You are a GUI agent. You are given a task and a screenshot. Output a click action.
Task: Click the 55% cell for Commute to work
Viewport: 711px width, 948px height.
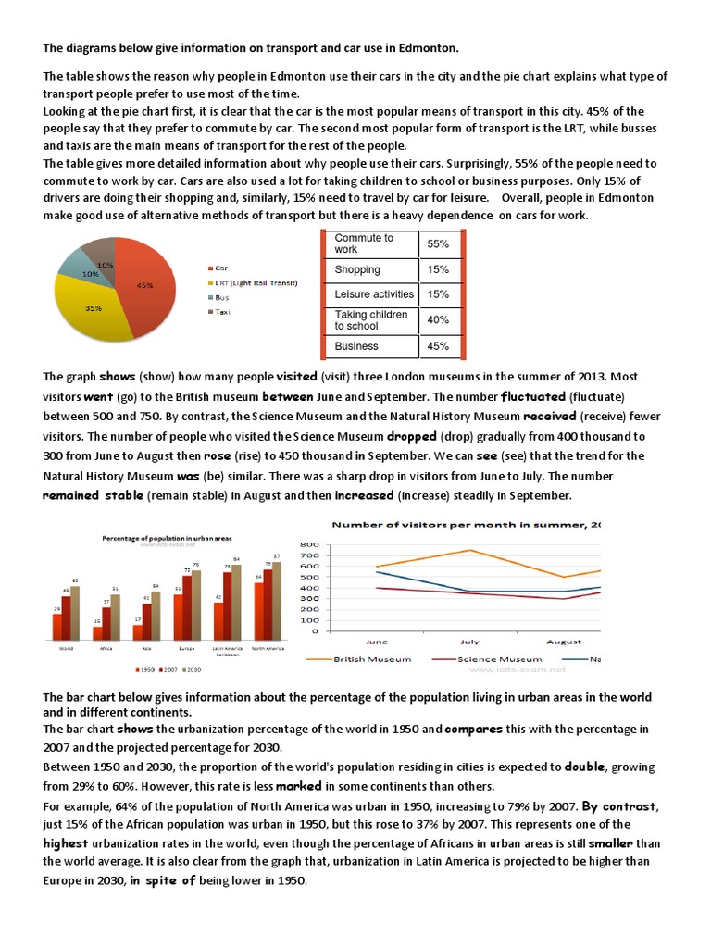pyautogui.click(x=438, y=243)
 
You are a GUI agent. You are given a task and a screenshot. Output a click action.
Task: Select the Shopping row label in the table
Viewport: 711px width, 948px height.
pyautogui.click(x=357, y=269)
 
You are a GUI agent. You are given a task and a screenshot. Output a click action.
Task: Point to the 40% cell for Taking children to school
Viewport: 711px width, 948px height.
pyautogui.click(x=438, y=320)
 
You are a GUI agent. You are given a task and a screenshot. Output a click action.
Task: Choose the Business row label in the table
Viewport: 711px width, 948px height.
pyautogui.click(x=356, y=346)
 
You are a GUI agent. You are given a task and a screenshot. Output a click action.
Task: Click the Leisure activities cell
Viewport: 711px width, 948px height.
pyautogui.click(x=374, y=294)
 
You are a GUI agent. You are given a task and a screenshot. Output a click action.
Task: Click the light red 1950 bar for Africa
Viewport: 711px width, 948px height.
pyautogui.click(x=96, y=633)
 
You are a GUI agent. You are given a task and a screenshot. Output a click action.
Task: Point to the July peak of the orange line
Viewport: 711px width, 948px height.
pyautogui.click(x=471, y=550)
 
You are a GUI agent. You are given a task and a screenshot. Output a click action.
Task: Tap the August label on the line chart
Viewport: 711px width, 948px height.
pyautogui.click(x=564, y=641)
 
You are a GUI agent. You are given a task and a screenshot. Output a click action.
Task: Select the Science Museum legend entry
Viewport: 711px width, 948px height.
pyautogui.click(x=482, y=658)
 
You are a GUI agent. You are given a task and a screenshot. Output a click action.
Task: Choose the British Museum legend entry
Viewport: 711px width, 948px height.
pyautogui.click(x=368, y=658)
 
